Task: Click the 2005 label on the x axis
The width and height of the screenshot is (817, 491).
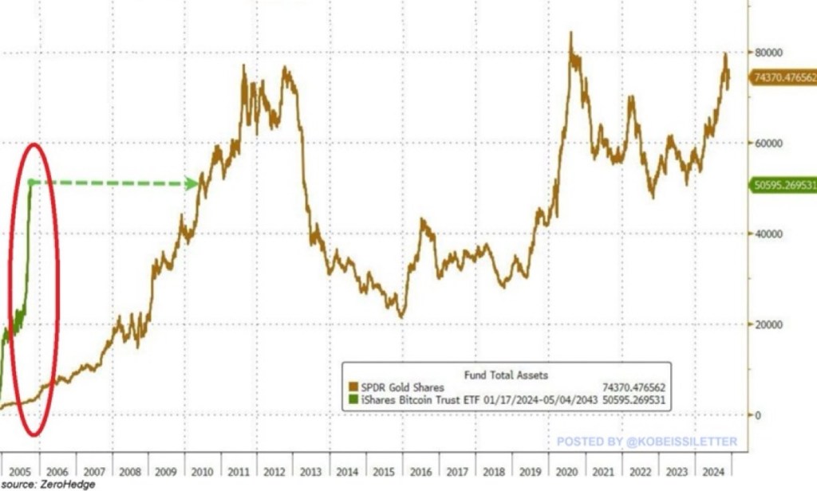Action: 22,471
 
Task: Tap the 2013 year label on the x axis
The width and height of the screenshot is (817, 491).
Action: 311,471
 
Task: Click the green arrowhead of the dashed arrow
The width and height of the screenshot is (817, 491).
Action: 192,184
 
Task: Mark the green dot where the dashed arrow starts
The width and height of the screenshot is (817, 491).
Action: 30,183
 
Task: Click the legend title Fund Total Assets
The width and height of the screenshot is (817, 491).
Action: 506,374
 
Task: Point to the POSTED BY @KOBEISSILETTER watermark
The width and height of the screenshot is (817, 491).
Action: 646,441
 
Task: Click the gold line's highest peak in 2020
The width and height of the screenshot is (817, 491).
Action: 570,33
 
